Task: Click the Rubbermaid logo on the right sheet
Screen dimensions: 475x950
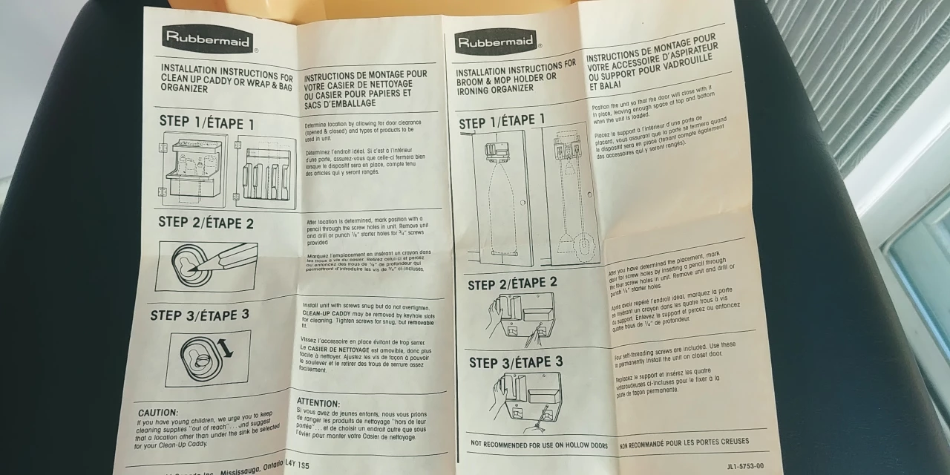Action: coord(495,42)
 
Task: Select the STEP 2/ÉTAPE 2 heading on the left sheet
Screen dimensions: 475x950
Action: coord(206,223)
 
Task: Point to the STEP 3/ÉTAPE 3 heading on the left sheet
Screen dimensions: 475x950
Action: coord(200,315)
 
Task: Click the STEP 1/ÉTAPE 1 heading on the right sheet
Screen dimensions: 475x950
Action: coord(502,121)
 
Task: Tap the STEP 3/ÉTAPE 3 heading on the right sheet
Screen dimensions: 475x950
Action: coord(516,363)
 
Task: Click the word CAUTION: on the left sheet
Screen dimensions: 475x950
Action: coord(158,412)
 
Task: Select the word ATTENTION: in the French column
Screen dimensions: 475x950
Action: coord(318,402)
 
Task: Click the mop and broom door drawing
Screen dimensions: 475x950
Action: coord(569,194)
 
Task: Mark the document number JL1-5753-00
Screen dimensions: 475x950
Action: coord(745,466)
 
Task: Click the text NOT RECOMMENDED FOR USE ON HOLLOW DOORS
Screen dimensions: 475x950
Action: coord(539,444)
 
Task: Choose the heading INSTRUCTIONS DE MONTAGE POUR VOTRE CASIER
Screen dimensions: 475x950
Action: coord(365,88)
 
